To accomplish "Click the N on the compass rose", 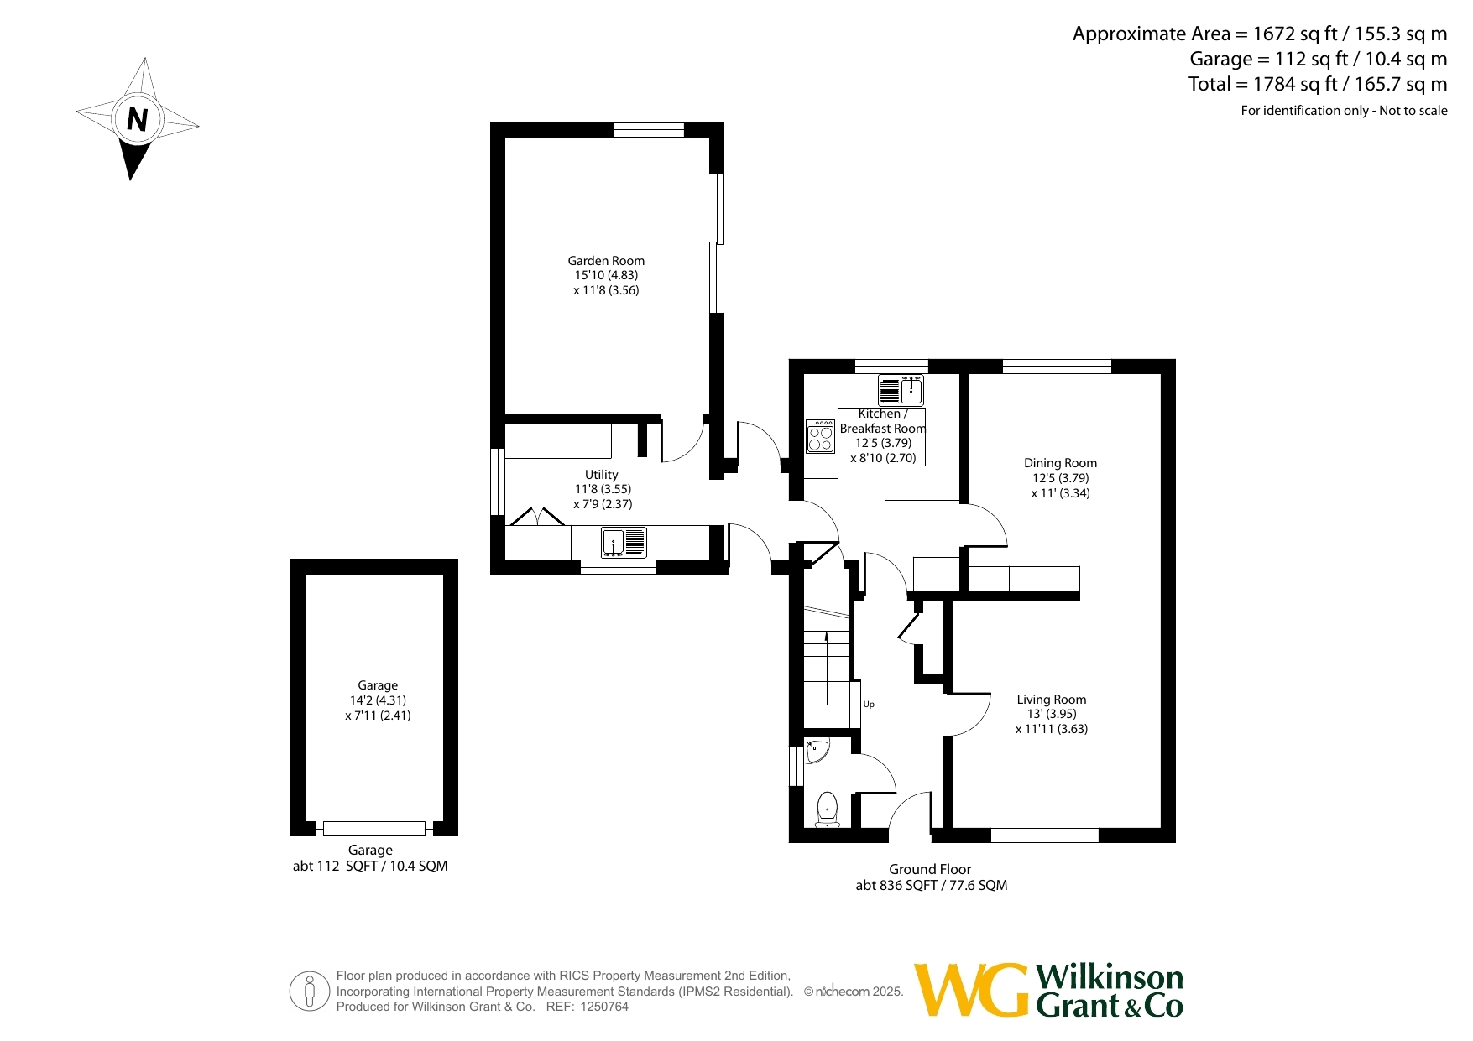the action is click(x=138, y=120).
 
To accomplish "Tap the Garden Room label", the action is click(x=606, y=261).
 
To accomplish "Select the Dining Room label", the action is click(x=1060, y=463).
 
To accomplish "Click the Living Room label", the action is click(x=1051, y=700).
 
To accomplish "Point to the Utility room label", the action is click(x=602, y=475).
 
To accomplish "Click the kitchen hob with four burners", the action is click(x=820, y=436).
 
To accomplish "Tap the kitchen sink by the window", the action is click(x=901, y=390).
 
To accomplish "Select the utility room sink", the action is click(x=624, y=542).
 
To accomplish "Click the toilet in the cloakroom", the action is click(x=827, y=809).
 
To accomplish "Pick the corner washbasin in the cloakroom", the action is click(x=816, y=750).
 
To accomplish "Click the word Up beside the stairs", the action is click(x=869, y=705).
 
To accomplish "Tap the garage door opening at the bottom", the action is click(x=374, y=829).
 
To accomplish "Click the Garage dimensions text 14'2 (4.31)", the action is click(x=378, y=700).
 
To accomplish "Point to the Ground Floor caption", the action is click(x=930, y=870).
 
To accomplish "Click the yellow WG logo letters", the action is click(x=971, y=990).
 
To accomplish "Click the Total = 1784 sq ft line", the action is click(x=1318, y=84).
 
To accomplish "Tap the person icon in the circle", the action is click(x=310, y=992).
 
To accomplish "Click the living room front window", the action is click(x=1045, y=835).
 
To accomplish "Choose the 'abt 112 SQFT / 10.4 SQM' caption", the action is click(x=370, y=866).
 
